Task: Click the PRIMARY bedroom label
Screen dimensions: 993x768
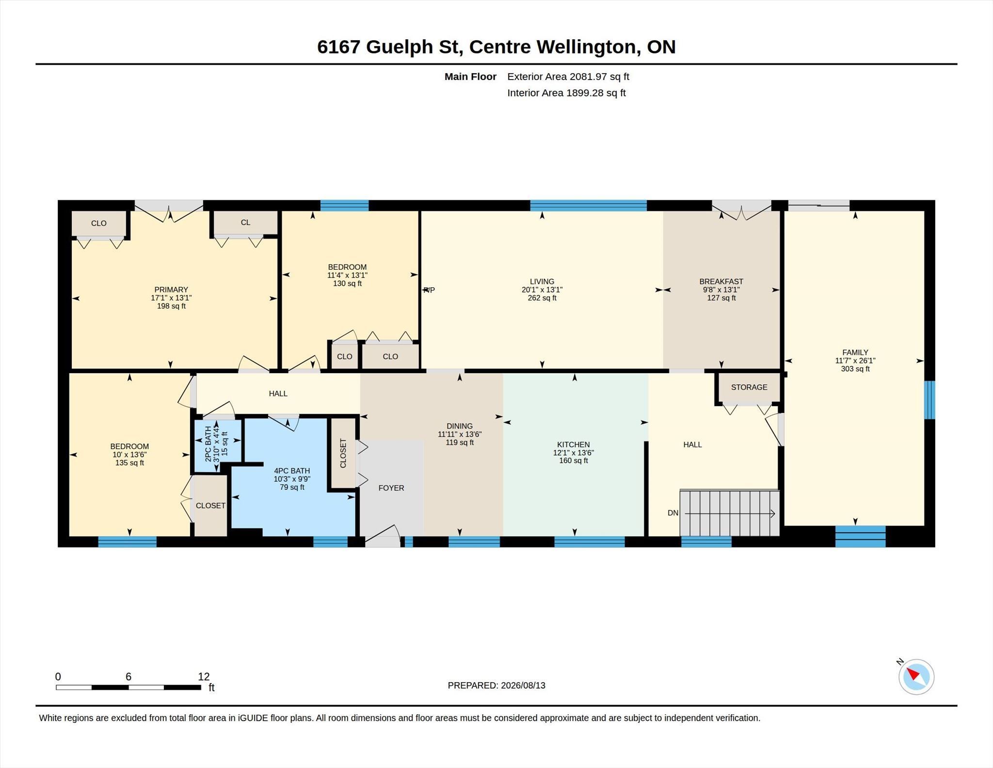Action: tap(171, 290)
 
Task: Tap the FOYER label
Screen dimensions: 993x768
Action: tap(391, 488)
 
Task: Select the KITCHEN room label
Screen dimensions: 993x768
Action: tap(574, 444)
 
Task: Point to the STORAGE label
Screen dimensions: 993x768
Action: tap(749, 387)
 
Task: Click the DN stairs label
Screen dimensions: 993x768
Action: tap(673, 513)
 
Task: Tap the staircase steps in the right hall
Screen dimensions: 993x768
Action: tap(730, 513)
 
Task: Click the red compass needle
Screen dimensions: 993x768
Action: tap(913, 674)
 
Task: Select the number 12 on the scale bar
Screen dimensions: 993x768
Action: tap(204, 676)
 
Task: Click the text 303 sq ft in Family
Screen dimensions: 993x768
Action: tap(855, 369)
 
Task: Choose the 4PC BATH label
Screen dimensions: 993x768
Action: tap(292, 471)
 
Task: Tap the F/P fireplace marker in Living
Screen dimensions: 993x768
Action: tap(429, 290)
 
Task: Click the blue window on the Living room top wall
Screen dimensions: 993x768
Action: tap(588, 205)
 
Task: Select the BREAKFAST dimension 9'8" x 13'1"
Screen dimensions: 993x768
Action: tap(721, 290)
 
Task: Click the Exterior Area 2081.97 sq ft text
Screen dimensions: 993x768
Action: tap(568, 77)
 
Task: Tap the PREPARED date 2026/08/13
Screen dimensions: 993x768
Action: tap(523, 686)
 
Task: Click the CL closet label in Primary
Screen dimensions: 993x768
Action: tap(245, 222)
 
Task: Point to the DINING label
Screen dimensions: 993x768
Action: tap(460, 426)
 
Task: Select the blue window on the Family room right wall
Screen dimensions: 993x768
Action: tap(929, 400)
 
